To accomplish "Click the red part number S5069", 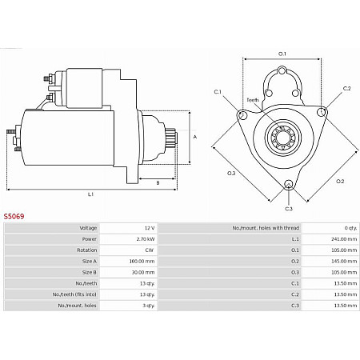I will pos(14,216).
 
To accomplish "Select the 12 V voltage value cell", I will pos(148,228).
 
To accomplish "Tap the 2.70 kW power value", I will pos(145,238).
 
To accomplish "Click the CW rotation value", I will pos(148,250).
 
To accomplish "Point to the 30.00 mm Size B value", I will pos(143,272).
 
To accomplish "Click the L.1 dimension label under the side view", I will pos(90,194).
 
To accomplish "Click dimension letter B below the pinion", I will pos(158,183).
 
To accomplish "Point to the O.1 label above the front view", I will pos(282,54).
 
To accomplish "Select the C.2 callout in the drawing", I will pos(346,88).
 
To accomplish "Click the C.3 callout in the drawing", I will pos(289,209).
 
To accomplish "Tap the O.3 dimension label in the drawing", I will pos(231,174).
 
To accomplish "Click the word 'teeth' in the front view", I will pos(253,100).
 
